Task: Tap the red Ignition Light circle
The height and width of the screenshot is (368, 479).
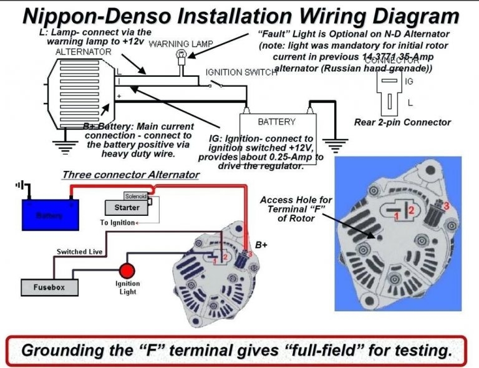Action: click(x=127, y=271)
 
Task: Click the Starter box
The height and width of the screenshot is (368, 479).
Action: click(x=127, y=207)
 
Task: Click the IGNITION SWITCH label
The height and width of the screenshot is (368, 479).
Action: click(x=241, y=73)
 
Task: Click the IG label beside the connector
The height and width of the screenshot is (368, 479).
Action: click(x=410, y=81)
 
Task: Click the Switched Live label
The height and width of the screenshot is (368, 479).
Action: click(x=79, y=252)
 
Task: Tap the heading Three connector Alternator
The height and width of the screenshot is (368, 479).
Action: click(x=130, y=175)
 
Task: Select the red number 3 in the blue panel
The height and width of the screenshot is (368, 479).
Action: click(x=446, y=205)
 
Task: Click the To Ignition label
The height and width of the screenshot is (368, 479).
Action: click(x=117, y=223)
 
